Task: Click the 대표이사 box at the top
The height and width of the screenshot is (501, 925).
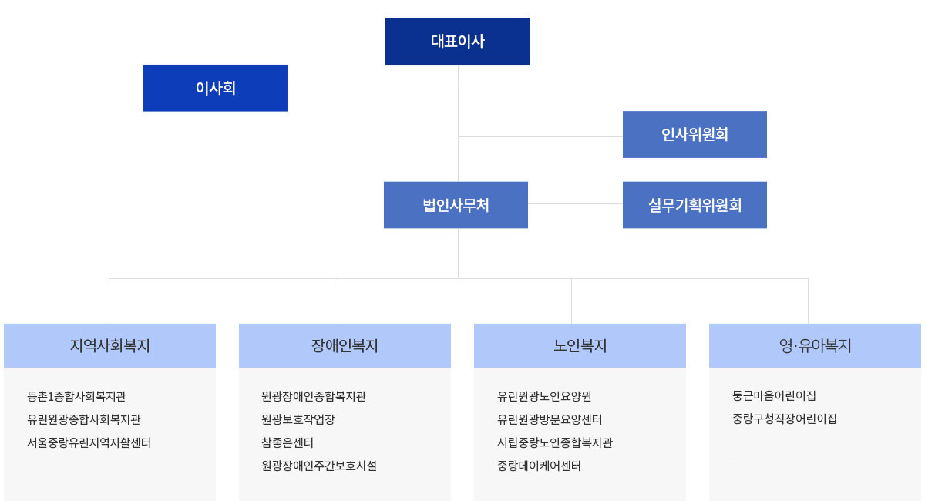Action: coord(457,42)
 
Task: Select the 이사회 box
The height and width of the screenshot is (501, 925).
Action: coord(215,88)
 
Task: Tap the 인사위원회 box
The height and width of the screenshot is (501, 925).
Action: coord(695,134)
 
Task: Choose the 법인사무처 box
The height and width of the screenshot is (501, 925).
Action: coord(456,205)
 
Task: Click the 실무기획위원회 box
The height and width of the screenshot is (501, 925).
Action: coord(695,205)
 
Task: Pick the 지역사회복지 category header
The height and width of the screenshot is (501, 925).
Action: coord(109,346)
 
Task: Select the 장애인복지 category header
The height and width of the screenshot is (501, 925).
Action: coord(345,346)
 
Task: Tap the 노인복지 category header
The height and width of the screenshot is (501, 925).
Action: coord(580,346)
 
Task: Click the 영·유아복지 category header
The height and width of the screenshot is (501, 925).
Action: coord(816,346)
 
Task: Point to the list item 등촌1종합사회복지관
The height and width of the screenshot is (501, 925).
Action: coord(76,396)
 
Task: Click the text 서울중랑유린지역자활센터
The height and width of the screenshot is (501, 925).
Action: coord(89,442)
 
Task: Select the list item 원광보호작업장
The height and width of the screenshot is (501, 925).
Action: coord(298,419)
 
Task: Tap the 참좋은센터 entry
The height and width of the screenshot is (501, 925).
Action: coord(288,442)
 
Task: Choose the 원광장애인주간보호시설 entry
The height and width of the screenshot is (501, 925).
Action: coord(319,466)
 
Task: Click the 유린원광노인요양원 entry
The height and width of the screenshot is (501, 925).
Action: coord(544,396)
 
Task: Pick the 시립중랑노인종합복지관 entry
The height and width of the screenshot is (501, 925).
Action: coord(555,442)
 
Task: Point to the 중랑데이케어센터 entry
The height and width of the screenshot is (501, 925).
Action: coord(539,466)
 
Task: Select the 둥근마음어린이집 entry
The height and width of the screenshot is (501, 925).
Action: coord(774,395)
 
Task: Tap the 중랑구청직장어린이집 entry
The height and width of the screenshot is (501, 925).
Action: coord(785,419)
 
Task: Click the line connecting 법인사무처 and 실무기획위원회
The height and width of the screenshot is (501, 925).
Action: coord(575,203)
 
